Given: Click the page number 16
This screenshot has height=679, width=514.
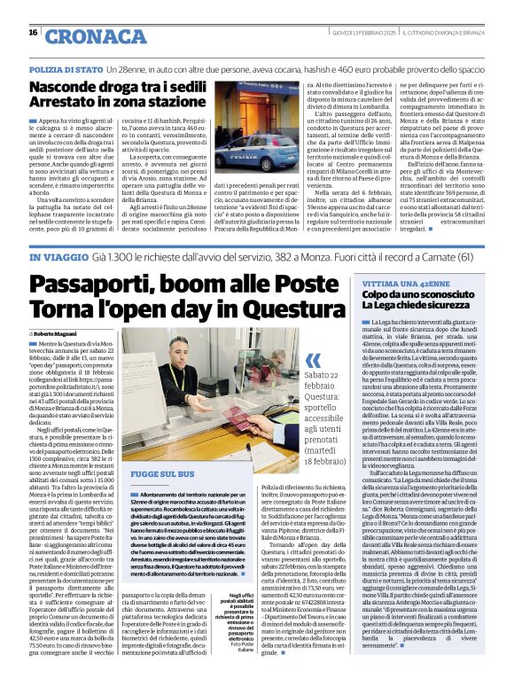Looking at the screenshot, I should (33, 33).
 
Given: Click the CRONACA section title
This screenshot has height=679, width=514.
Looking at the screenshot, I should (95, 36).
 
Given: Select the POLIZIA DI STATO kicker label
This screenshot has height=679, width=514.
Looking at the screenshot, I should (66, 68).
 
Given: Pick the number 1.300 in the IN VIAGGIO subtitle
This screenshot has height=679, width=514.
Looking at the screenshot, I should (121, 258).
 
